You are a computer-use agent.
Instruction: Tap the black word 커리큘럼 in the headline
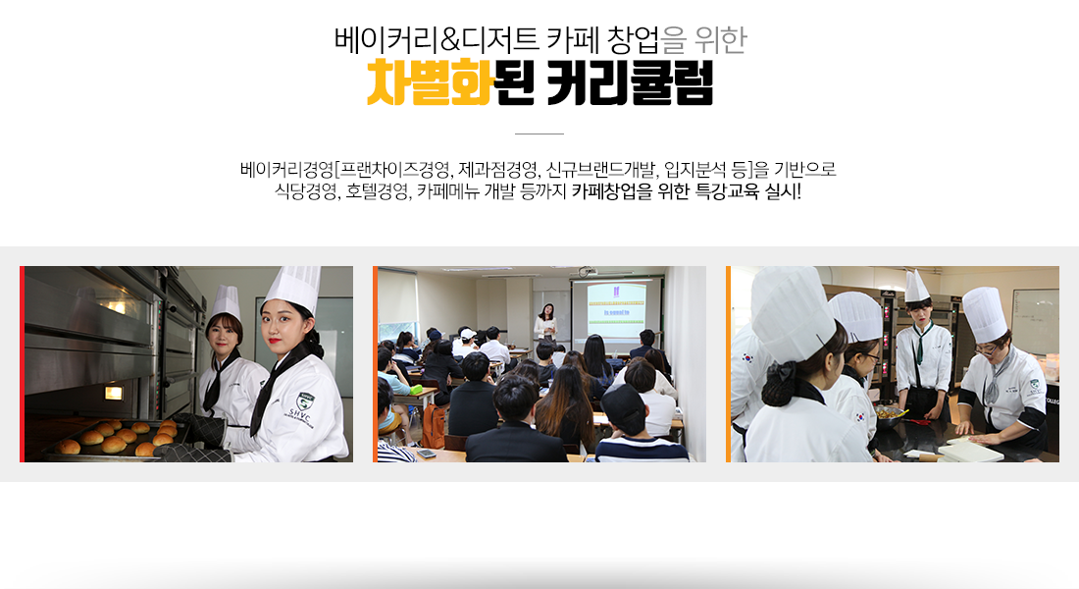click(630, 82)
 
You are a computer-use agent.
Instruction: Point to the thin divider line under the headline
click(539, 134)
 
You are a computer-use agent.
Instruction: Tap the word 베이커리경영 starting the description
click(286, 169)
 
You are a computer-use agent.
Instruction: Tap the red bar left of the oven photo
click(22, 364)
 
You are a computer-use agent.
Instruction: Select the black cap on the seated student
click(623, 407)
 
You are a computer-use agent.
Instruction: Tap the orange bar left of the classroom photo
click(375, 364)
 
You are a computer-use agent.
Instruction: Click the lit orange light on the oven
click(114, 393)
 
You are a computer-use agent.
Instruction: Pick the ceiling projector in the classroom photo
click(586, 271)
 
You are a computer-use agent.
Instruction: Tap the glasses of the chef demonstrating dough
click(987, 349)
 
